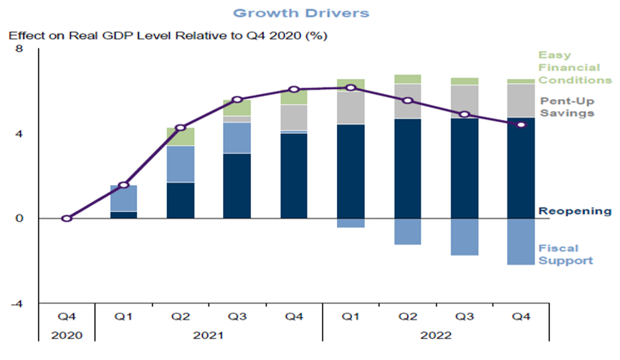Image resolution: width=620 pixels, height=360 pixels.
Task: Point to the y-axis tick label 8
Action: coord(19,49)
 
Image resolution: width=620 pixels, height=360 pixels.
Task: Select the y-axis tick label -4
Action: coord(17,303)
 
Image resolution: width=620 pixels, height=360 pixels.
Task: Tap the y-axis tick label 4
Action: coord(19,133)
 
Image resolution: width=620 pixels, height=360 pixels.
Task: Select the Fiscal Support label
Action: coord(566,254)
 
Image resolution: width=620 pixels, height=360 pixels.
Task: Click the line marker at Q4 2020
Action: coord(67,218)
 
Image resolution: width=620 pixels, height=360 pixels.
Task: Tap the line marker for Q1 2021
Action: coord(123,185)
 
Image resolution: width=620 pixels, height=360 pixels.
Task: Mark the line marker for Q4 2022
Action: coord(521,124)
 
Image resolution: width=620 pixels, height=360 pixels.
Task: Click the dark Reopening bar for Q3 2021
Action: coord(237,186)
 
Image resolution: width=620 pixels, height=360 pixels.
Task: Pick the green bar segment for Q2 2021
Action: coord(180,136)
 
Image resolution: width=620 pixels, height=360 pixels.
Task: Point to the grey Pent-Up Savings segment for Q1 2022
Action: coord(350,108)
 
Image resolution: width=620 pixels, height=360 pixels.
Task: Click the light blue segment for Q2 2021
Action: coord(180,164)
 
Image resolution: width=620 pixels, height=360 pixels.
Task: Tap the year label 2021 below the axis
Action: coord(209,335)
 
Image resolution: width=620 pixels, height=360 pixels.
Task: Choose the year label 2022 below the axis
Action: coord(436,335)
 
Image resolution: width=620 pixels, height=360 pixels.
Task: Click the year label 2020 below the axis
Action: coord(67,335)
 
